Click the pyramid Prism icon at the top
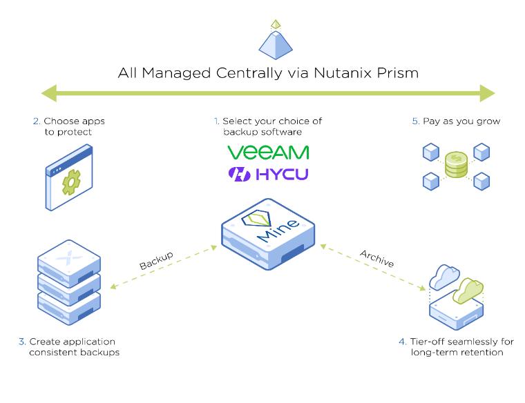click(276, 41)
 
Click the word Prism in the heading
click(394, 72)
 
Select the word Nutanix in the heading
click(327, 72)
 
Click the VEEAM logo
click(268, 152)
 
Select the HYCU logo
click(268, 174)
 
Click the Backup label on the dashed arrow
click(156, 260)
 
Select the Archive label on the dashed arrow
click(376, 258)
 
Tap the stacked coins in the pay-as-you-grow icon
click(455, 164)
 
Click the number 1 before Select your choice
click(216, 121)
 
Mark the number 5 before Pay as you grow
click(416, 121)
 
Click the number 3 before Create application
click(22, 342)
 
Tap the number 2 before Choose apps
click(36, 121)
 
